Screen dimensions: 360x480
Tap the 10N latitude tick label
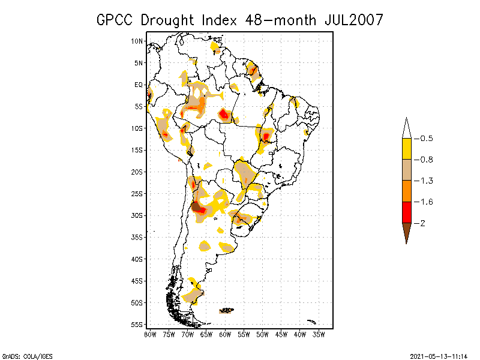click(x=137, y=41)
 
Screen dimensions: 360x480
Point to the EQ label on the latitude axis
click(x=139, y=85)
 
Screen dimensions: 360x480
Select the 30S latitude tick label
click(x=137, y=215)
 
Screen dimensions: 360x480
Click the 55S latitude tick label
click(x=137, y=325)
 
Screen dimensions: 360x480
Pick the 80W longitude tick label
click(x=149, y=334)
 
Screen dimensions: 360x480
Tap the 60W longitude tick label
click(x=225, y=334)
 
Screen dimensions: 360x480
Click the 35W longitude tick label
click(x=319, y=334)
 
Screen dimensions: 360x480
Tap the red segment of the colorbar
click(x=407, y=212)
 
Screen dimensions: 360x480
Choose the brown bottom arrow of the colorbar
click(x=407, y=231)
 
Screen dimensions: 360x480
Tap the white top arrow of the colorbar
click(x=407, y=129)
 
